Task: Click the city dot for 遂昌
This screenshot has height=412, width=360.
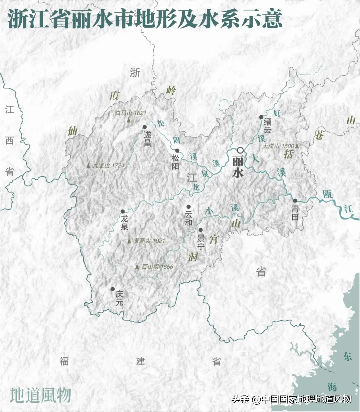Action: pos(144,127)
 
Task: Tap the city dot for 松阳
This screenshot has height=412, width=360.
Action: pos(177,150)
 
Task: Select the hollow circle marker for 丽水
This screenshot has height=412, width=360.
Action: pos(240,150)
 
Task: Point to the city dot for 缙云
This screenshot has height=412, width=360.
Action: pos(261,117)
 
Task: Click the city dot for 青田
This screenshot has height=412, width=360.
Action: pos(295,200)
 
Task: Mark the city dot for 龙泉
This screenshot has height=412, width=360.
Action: pos(123,212)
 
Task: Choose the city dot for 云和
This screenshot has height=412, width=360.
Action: pos(189,207)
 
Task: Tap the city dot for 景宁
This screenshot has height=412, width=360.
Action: pos(201,230)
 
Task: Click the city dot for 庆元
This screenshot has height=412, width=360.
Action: pos(113,289)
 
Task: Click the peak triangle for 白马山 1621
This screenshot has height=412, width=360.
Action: pos(128,120)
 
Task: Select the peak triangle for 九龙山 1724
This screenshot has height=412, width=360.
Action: pos(88,165)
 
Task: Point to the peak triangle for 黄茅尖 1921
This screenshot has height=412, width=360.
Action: pos(129,241)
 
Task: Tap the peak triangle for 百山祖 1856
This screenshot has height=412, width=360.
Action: pos(137,267)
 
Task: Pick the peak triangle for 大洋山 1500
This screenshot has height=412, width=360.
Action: pos(297,146)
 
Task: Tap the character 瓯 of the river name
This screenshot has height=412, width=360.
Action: pos(327,193)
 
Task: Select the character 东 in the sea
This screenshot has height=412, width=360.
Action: pos(348,356)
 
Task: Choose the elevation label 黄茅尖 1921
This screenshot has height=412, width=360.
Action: pos(149,241)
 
